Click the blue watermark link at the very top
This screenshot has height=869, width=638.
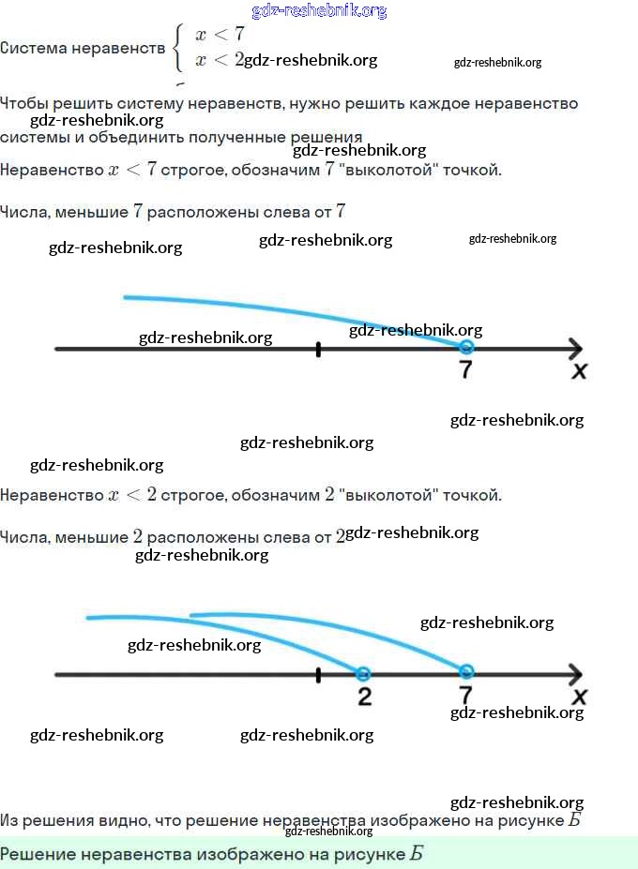319,10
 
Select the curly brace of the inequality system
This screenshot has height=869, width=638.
177,48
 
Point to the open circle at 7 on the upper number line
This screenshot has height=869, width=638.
466,347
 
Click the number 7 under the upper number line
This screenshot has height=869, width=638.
466,369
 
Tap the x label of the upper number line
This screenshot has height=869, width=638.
579,371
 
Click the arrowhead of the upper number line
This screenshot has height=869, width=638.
573,349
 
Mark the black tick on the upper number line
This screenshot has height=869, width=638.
319,350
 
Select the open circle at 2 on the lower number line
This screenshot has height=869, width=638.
363,673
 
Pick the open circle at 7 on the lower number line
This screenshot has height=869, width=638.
466,671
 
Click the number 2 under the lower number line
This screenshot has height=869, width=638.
364,696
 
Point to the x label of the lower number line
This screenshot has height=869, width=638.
579,697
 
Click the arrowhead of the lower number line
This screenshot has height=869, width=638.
573,674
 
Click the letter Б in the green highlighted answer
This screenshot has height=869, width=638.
417,855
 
